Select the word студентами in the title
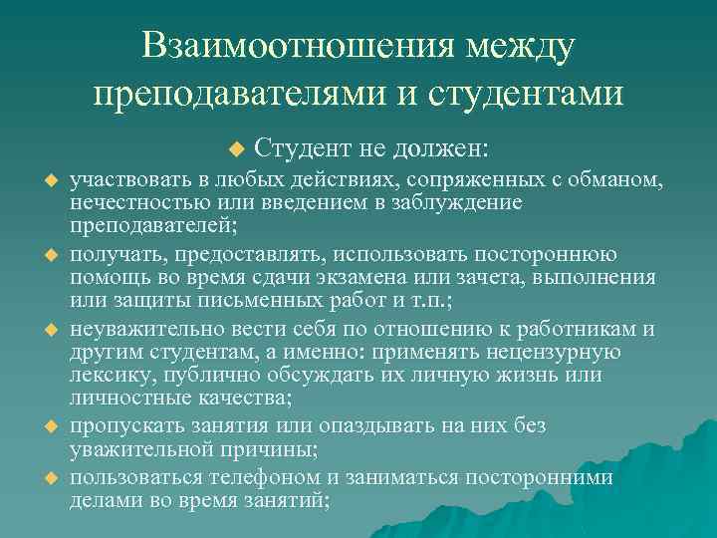(529, 93)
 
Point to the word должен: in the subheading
(439, 149)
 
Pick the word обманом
(608, 179)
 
